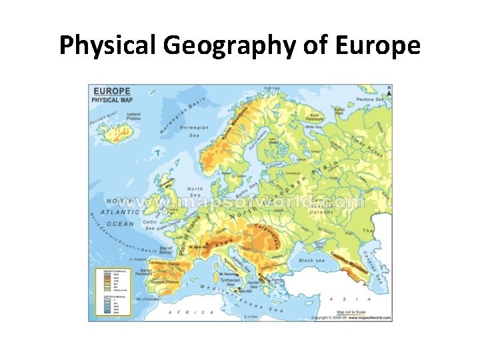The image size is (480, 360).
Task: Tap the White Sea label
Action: (x=313, y=127)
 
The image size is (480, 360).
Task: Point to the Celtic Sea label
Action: (x=150, y=225)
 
